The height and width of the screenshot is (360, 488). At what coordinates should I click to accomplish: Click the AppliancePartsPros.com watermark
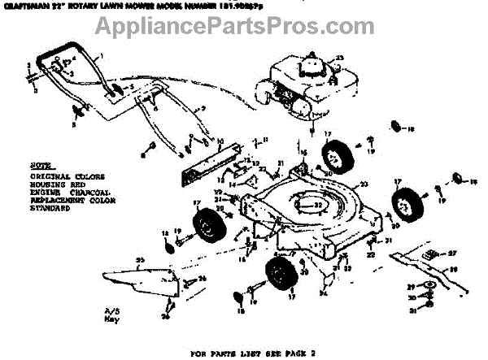pyautogui.click(x=244, y=28)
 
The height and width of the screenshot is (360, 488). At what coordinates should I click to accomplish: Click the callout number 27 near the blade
pyautogui.click(x=454, y=254)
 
